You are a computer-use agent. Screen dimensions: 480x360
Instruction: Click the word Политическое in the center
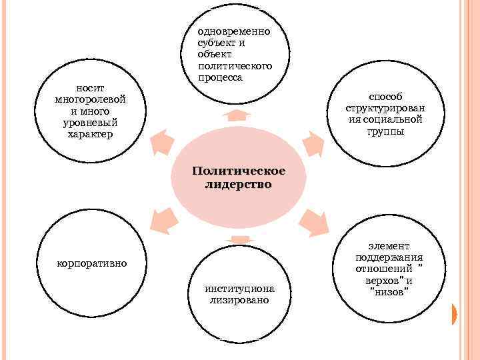[238, 171]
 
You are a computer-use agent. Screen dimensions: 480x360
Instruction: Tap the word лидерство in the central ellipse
[238, 184]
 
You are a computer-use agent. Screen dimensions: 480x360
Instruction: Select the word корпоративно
[91, 263]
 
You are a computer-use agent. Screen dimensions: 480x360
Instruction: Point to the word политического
[235, 66]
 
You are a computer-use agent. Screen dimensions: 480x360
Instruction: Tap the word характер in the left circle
[91, 134]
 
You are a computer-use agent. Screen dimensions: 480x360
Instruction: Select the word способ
[386, 97]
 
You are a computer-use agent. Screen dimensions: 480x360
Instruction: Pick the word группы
[385, 131]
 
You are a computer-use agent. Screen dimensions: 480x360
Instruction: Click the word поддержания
[389, 258]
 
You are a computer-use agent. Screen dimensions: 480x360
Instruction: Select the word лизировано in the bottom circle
[239, 300]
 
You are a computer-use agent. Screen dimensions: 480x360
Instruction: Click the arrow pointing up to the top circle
[233, 115]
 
